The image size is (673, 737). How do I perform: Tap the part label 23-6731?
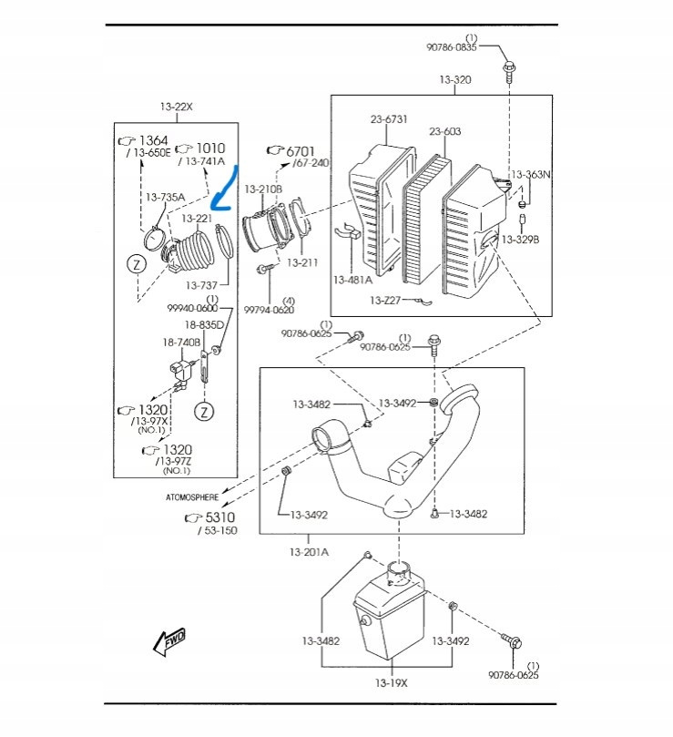[x=389, y=118]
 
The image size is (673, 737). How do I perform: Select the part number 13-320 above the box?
[x=455, y=80]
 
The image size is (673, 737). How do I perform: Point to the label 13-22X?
[x=177, y=107]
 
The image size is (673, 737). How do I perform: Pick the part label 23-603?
[x=445, y=131]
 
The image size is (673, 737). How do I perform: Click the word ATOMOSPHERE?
[x=191, y=497]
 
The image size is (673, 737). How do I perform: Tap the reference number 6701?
[x=300, y=151]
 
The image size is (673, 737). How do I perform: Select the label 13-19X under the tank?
[x=393, y=682]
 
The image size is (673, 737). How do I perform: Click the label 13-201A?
[x=310, y=552]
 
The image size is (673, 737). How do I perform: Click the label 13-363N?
[x=530, y=174]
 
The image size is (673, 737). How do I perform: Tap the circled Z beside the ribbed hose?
[x=136, y=264]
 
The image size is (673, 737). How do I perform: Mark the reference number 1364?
[x=153, y=140]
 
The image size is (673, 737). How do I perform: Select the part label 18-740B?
[x=181, y=342]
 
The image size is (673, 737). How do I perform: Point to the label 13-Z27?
[x=386, y=300]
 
